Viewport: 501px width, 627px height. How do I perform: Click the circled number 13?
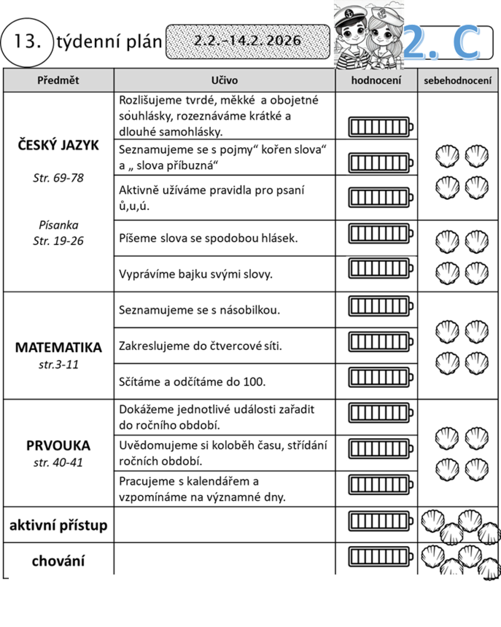click(x=27, y=42)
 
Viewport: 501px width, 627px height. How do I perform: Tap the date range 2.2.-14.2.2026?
click(x=248, y=41)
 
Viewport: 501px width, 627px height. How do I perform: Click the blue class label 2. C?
click(x=443, y=42)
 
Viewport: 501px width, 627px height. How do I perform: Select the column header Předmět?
click(x=58, y=80)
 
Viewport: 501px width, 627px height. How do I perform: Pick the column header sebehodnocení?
click(x=458, y=81)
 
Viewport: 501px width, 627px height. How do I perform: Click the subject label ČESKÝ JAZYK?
click(x=58, y=145)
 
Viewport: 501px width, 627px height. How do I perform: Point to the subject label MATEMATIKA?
click(x=58, y=347)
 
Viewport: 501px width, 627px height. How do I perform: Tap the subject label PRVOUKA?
click(x=58, y=445)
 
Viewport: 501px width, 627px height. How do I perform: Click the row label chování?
click(x=58, y=561)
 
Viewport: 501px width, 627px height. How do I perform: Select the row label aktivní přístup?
click(x=58, y=525)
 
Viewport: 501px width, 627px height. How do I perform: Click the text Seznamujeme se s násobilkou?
click(x=200, y=310)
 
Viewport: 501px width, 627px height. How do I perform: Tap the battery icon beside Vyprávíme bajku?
click(x=380, y=268)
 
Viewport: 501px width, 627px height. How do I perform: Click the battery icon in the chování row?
click(x=380, y=556)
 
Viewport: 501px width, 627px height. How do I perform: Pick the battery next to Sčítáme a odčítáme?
click(x=380, y=378)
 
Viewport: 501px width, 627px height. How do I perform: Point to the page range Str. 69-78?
click(x=58, y=178)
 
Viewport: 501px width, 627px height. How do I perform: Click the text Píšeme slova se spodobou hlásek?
click(x=208, y=238)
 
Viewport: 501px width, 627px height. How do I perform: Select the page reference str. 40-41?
click(x=58, y=463)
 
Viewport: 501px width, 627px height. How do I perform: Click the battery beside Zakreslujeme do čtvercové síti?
click(x=380, y=342)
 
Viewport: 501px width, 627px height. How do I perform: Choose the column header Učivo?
click(x=225, y=80)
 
